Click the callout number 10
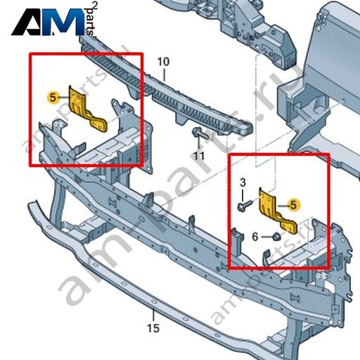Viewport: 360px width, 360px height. (163, 62)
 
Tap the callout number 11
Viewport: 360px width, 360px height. (199, 156)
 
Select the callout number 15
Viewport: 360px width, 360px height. (153, 328)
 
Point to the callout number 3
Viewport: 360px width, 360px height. (243, 182)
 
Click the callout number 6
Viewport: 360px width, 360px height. (255, 237)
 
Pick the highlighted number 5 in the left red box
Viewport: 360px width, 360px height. (53, 98)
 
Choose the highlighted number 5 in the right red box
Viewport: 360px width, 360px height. (293, 205)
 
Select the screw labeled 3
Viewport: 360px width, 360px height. (245, 205)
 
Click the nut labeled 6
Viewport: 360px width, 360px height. (277, 237)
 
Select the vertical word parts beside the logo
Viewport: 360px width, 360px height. (91, 22)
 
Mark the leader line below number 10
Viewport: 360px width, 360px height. (164, 75)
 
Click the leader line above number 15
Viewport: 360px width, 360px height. (153, 315)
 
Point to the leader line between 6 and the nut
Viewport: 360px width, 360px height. (266, 237)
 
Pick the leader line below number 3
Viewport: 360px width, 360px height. (243, 195)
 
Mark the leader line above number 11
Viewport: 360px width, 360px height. (199, 144)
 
